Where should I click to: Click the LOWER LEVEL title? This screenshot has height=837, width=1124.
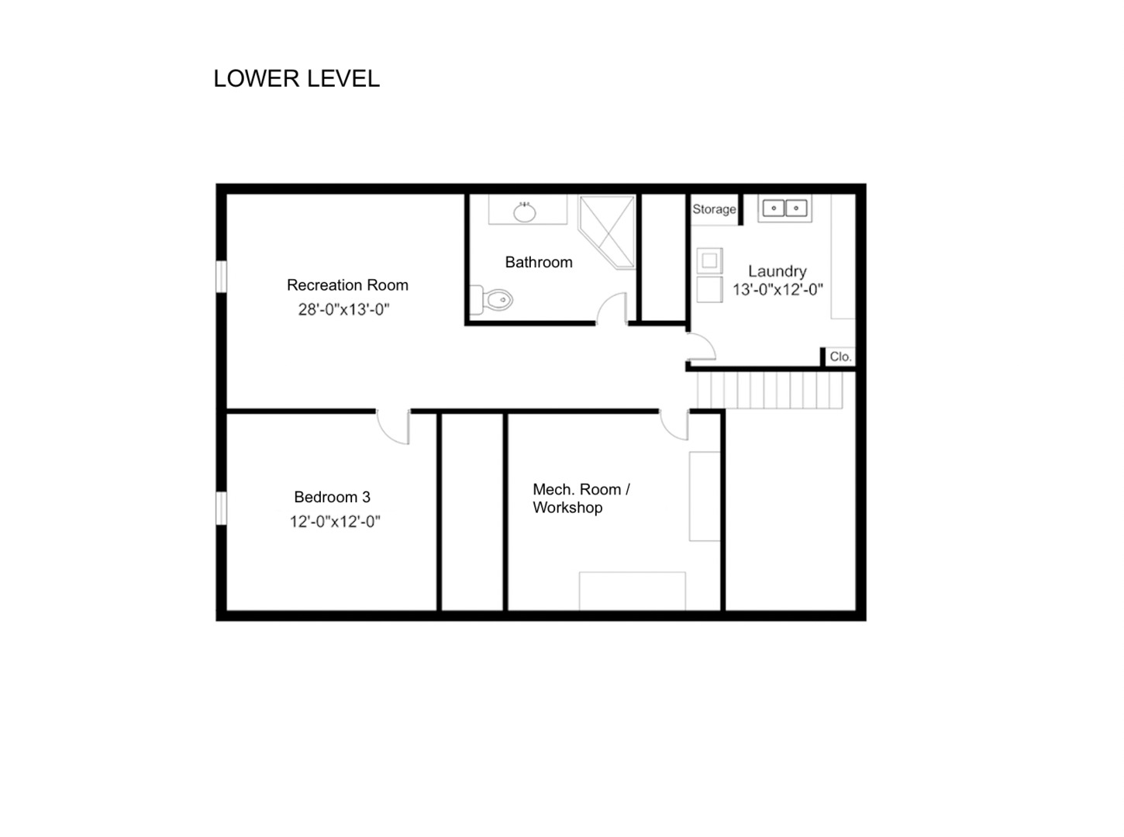296,78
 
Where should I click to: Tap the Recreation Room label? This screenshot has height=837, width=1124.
347,284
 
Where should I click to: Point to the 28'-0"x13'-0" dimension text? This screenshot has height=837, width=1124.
343,309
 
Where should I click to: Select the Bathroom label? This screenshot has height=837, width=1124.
539,262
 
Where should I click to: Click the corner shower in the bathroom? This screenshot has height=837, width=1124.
607,232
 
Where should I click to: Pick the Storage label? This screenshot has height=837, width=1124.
714,208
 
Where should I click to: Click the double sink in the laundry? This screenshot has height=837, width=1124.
785,208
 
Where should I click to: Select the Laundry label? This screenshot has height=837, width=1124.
777,271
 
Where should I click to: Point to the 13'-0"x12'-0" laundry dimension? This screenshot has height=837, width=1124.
777,289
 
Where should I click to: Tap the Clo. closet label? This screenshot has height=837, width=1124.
840,356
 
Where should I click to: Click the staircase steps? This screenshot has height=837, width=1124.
770,390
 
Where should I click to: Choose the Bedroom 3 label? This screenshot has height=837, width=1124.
332,497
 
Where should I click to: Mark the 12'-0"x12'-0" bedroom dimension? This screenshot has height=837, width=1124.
335,522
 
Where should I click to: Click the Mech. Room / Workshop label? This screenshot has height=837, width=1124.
581,498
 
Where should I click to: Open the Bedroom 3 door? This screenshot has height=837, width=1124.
393,426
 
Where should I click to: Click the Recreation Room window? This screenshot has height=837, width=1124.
222,277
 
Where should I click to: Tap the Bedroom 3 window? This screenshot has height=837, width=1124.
222,508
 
